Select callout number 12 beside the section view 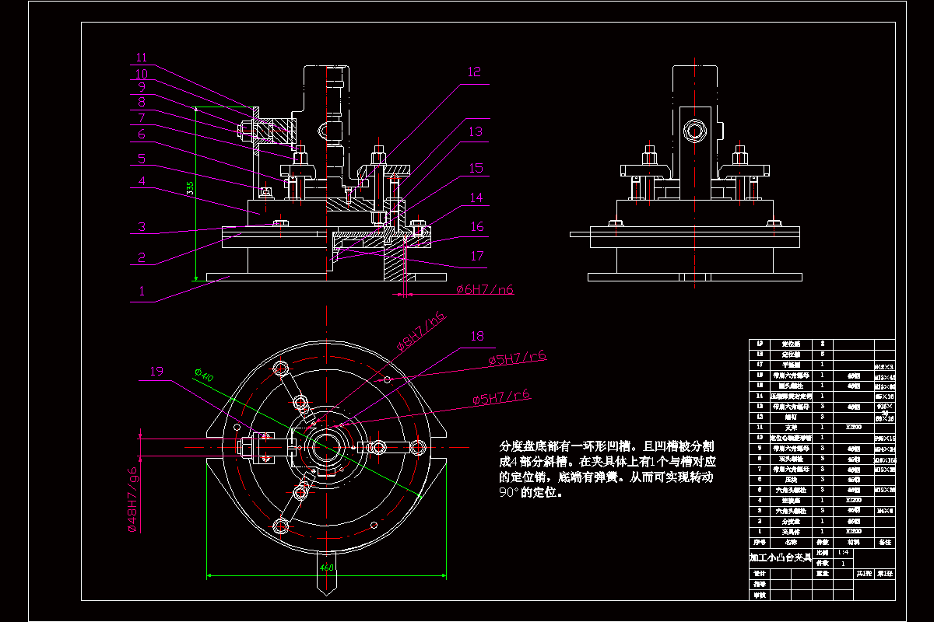tap(474, 72)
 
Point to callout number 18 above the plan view tap(476, 336)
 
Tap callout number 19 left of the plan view tap(156, 371)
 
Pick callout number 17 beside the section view tap(476, 256)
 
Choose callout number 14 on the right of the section tap(476, 198)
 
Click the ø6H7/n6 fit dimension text tap(485, 290)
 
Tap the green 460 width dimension tap(327, 568)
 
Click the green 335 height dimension tap(189, 188)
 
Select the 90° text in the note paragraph tap(509, 492)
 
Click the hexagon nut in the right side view tap(692, 129)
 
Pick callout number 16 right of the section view tap(476, 227)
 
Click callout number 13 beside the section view tap(476, 132)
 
